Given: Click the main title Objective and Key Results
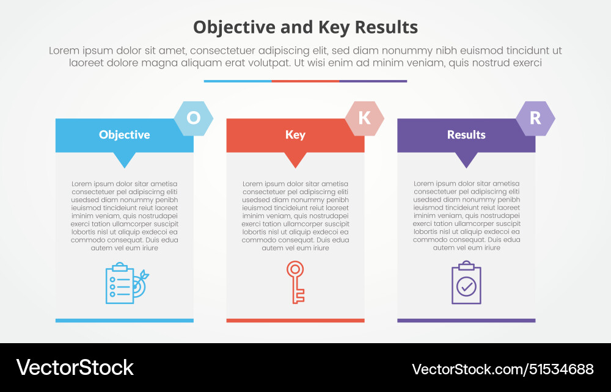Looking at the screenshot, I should tap(305, 27).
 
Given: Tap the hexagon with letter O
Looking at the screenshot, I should tap(194, 118).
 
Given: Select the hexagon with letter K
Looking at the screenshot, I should tap(365, 118).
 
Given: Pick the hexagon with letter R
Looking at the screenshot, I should tap(536, 118).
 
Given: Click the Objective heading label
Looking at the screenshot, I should tap(125, 135).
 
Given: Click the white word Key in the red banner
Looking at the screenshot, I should tap(295, 135).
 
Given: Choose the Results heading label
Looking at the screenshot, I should tap(466, 135).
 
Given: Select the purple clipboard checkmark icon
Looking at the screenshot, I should tap(466, 283).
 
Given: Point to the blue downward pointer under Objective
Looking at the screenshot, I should tap(125, 159).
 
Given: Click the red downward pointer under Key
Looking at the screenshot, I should tap(296, 159).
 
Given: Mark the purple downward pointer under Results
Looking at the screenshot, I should tap(467, 159).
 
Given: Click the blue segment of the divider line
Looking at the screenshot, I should tap(238, 81).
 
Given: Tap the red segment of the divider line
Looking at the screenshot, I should tap(305, 81).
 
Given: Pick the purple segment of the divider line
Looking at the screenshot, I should tap(373, 81).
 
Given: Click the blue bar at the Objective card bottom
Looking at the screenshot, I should tap(125, 320).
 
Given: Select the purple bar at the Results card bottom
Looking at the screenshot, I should tap(466, 320).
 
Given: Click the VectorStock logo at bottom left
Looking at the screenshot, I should tap(75, 368).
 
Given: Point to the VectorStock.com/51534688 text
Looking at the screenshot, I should tap(503, 369).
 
